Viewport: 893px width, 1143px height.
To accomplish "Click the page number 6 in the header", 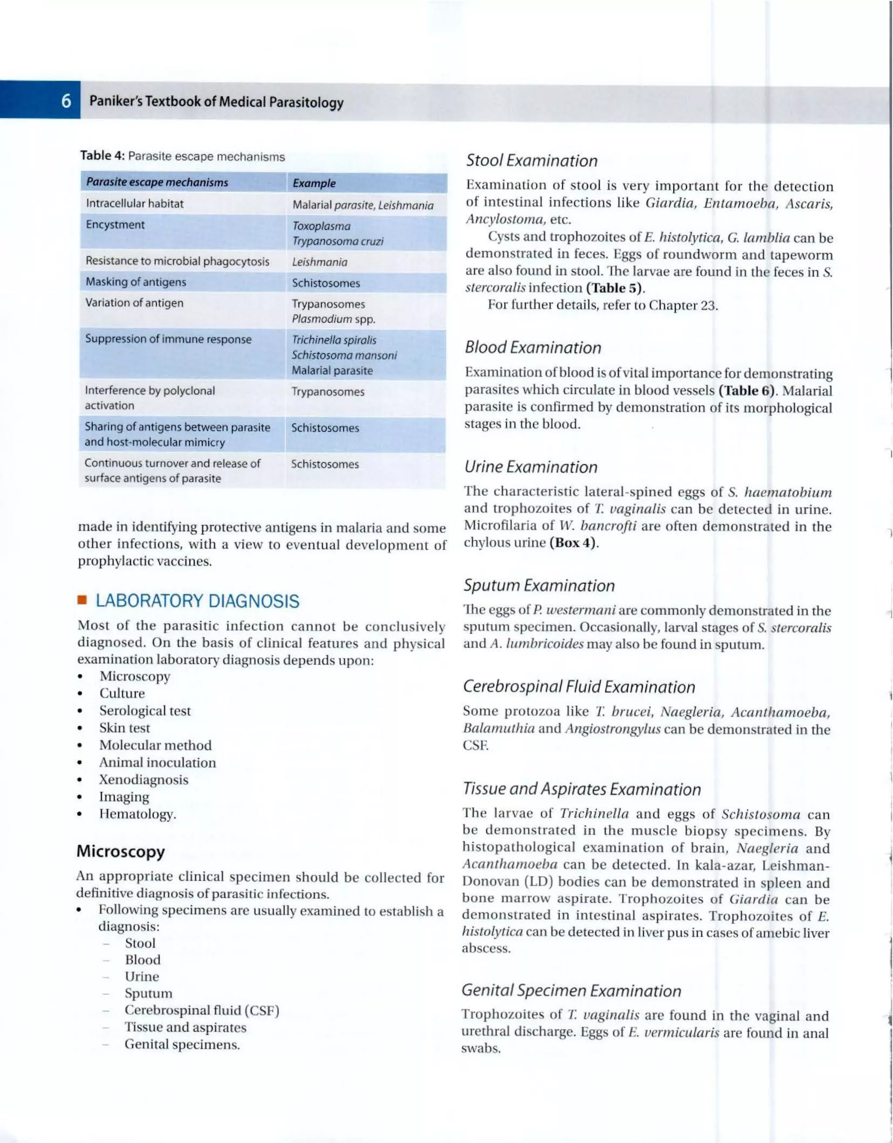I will coord(66,101).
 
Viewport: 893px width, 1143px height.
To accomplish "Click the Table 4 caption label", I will coord(102,156).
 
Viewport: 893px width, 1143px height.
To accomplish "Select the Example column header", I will coord(314,183).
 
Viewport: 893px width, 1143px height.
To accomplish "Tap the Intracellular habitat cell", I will coord(135,204).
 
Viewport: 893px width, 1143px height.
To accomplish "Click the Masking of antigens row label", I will coord(136,282).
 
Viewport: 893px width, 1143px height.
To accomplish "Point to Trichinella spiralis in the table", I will coord(334,340).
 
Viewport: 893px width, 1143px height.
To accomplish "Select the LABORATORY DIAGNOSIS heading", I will coord(198,601).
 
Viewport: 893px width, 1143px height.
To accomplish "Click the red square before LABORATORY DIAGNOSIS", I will coord(82,600).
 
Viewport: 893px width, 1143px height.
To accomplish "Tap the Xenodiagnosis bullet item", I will coord(143,780).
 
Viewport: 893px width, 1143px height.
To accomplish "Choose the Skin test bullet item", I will coord(125,728).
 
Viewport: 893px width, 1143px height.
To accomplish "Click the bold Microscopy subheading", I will coord(120,851).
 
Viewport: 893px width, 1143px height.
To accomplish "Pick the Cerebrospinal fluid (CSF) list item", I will coord(201,1010).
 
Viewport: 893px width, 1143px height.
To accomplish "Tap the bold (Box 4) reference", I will coord(573,543).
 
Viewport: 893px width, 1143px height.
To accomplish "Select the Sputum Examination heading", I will coord(539,585).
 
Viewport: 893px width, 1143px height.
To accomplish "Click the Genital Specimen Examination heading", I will coord(571,991).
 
